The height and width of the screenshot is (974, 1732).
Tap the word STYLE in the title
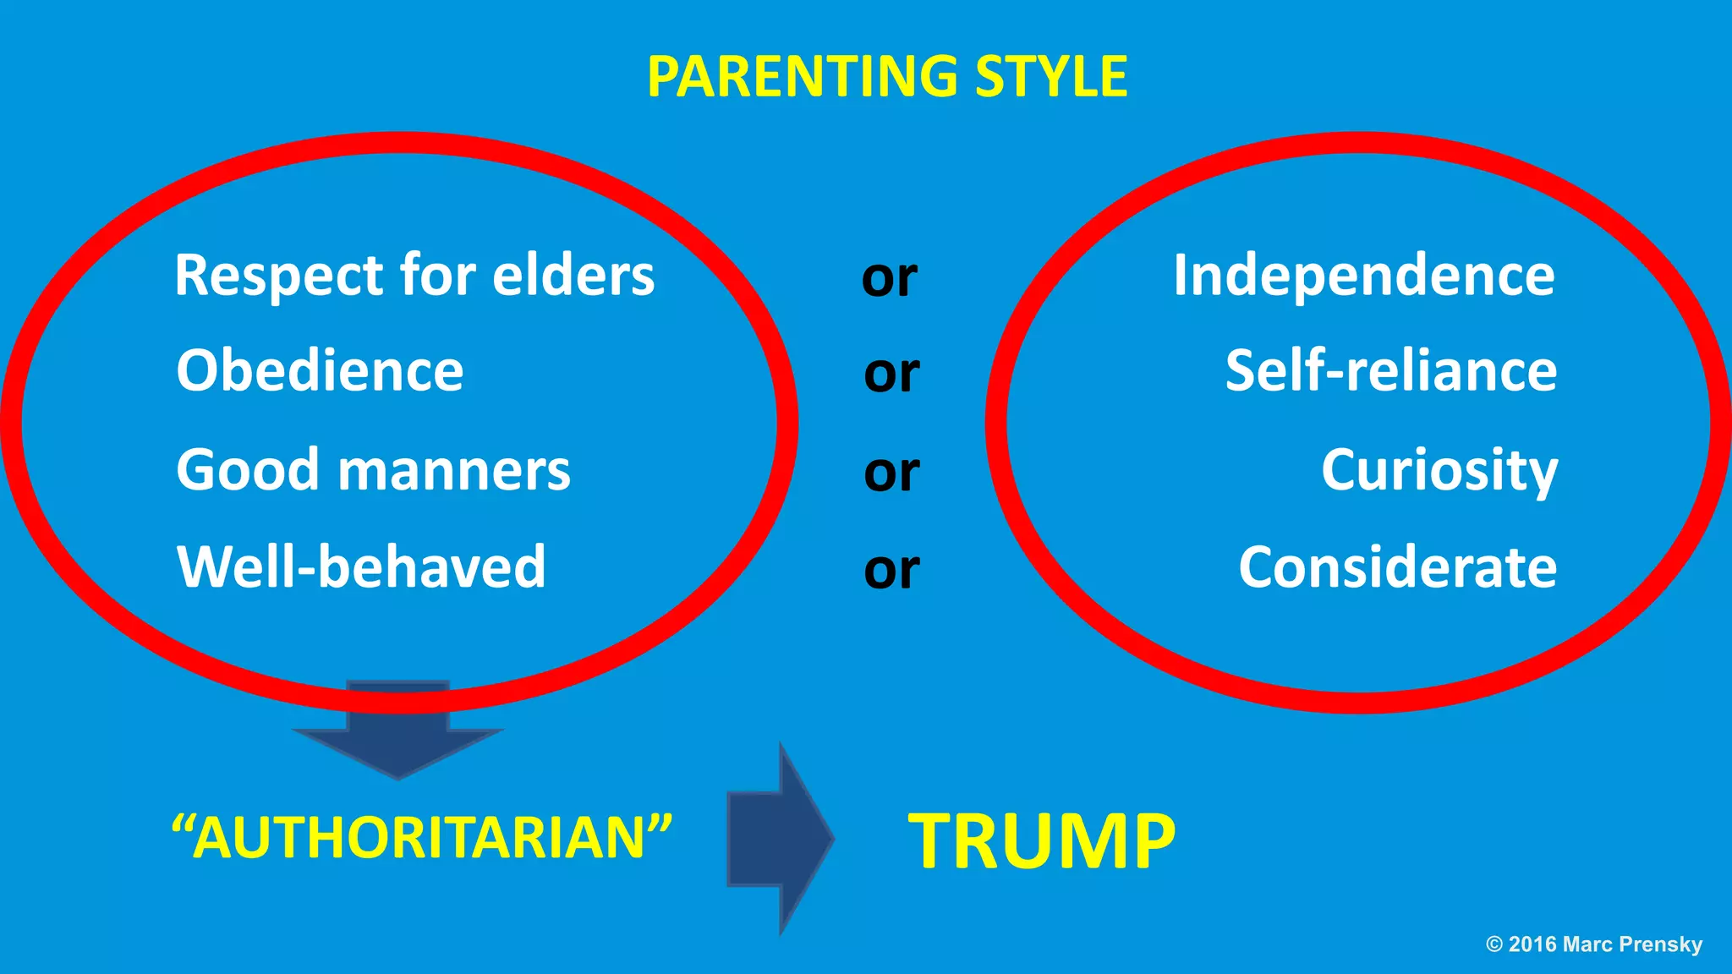point(1051,76)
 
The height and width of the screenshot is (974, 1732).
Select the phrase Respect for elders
point(414,276)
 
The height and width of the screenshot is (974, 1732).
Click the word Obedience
point(320,371)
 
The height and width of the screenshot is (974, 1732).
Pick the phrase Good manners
point(373,470)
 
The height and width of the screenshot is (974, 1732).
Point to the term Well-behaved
point(361,566)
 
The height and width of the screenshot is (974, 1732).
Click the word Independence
point(1363,276)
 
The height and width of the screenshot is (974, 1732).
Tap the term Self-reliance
point(1391,371)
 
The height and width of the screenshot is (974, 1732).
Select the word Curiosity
point(1439,470)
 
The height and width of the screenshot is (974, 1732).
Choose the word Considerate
point(1397,566)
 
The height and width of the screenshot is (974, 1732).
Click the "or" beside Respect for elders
point(890,278)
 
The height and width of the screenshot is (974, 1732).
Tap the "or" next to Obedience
point(891,374)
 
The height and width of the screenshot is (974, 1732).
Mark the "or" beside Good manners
point(891,473)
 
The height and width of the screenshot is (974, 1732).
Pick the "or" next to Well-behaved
point(891,570)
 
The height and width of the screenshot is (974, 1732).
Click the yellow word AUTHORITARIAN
point(421,838)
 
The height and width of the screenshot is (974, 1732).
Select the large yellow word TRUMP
point(1042,840)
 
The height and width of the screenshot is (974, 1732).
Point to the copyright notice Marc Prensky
point(1632,944)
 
